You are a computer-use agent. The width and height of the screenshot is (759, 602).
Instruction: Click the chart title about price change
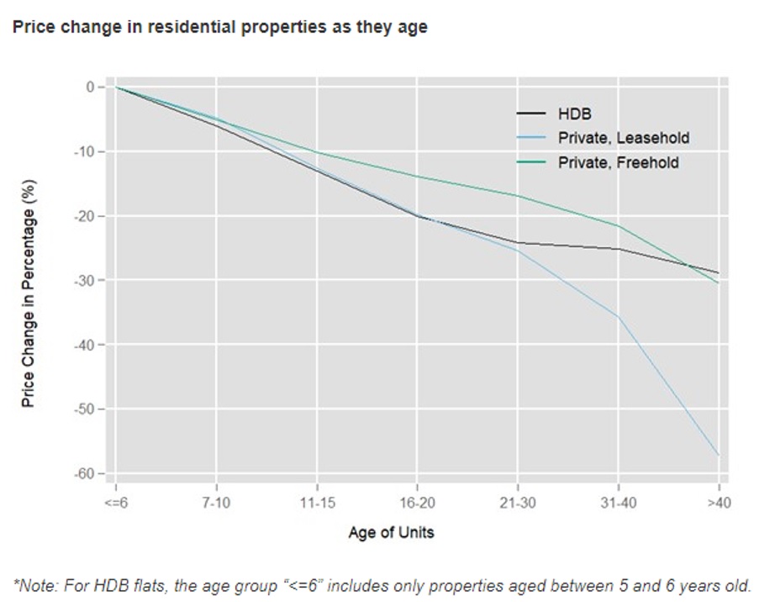(219, 27)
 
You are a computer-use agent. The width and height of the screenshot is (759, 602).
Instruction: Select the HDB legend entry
(575, 114)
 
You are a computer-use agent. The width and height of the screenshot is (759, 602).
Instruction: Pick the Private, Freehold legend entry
(618, 162)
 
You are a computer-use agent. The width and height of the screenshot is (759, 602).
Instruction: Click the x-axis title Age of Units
(392, 532)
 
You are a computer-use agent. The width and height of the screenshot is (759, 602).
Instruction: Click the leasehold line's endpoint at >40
(719, 455)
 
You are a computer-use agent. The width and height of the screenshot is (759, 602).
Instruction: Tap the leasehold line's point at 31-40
(619, 316)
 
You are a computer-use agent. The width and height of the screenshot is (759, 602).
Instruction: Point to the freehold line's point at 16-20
(418, 177)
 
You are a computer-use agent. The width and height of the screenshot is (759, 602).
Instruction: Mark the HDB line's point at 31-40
(619, 249)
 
